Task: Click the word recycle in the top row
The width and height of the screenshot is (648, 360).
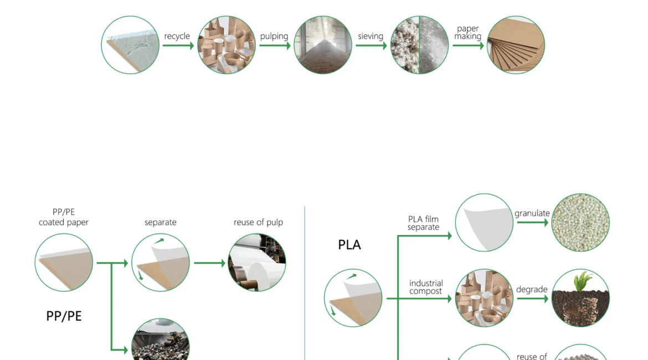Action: pyautogui.click(x=177, y=37)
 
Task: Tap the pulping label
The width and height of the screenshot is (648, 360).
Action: pyautogui.click(x=274, y=37)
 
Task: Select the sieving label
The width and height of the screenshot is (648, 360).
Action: pyautogui.click(x=371, y=37)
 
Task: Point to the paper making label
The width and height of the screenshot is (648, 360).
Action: pyautogui.click(x=468, y=32)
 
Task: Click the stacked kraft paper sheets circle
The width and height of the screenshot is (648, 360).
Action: pyautogui.click(x=516, y=45)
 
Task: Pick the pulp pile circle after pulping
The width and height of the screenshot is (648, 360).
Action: pyautogui.click(x=323, y=45)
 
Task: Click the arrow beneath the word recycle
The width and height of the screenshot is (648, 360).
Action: pyautogui.click(x=178, y=45)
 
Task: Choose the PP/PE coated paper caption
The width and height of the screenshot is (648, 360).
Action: pyautogui.click(x=64, y=217)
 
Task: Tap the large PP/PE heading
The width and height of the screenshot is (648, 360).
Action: pyautogui.click(x=64, y=316)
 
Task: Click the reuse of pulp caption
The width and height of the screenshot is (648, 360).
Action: pyautogui.click(x=258, y=222)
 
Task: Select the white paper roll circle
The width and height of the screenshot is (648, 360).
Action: pyautogui.click(x=257, y=263)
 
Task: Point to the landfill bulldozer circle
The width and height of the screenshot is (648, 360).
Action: pyautogui.click(x=161, y=340)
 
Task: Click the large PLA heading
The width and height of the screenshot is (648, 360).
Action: pyautogui.click(x=349, y=245)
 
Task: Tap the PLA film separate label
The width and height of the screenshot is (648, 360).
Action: pyautogui.click(x=423, y=223)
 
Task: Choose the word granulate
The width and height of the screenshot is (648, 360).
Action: pyautogui.click(x=532, y=214)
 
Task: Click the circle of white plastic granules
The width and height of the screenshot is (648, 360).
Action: pyautogui.click(x=580, y=222)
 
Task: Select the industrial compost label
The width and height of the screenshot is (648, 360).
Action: pyautogui.click(x=426, y=287)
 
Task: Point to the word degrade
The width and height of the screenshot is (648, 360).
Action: pyautogui.click(x=532, y=289)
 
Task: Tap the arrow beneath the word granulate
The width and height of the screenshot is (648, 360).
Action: pyautogui.click(x=533, y=222)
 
